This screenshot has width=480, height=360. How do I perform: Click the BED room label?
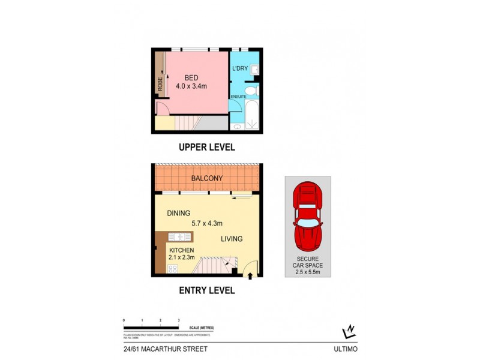tap(191, 77)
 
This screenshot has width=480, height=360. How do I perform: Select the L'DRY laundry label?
tap(240, 69)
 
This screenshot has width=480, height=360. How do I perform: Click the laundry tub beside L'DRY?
tap(255, 70)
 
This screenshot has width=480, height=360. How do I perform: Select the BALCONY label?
tap(207, 178)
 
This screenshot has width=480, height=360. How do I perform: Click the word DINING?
tap(179, 213)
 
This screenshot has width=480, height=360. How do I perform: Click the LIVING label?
tap(231, 239)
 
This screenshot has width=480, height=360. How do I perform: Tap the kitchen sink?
tap(178, 236)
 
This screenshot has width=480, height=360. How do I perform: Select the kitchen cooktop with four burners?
tap(173, 268)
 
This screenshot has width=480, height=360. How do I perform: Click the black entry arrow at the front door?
tap(250, 276)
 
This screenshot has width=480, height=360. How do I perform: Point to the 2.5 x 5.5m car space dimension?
tap(307, 272)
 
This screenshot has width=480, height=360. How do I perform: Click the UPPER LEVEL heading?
tap(206, 147)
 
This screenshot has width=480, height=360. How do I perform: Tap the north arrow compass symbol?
tap(347, 331)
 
